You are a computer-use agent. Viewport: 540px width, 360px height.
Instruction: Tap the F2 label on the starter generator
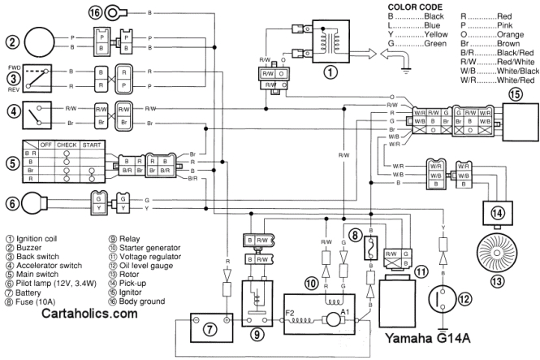pyautogui.click(x=291, y=310)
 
